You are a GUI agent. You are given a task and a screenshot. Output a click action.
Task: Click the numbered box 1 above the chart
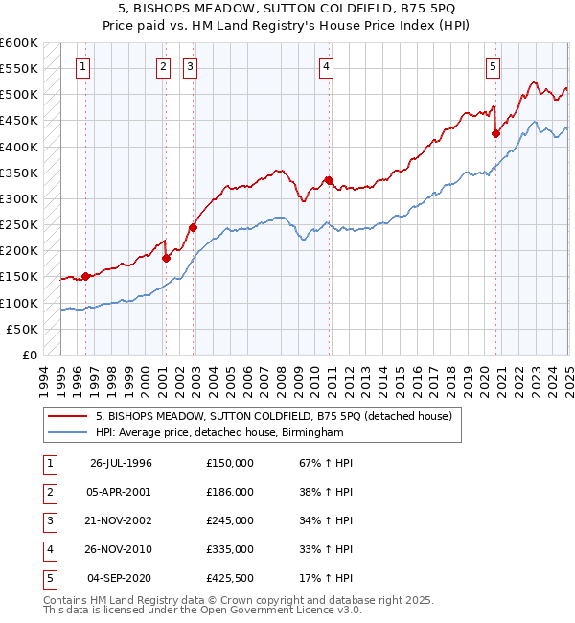coord(84,66)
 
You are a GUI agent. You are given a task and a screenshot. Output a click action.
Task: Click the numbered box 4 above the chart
coord(327,66)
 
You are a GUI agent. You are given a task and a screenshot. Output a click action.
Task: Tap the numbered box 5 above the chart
coord(493,66)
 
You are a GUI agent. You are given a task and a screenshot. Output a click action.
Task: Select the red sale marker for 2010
coord(328,180)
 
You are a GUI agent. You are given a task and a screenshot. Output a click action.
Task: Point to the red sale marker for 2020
coord(495,133)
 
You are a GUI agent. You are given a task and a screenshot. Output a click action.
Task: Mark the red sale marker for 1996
coord(85,276)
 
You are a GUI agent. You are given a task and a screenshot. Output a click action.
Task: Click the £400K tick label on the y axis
coord(19,147)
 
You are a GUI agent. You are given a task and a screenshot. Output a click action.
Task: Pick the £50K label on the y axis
coord(23,329)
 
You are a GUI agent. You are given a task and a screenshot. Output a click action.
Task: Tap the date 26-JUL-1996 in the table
coord(121,463)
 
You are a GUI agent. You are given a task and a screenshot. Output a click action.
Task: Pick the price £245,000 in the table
coord(229,520)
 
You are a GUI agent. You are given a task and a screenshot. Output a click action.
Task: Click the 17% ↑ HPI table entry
coord(327,578)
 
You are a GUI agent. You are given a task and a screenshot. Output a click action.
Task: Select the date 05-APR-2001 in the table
coord(121,492)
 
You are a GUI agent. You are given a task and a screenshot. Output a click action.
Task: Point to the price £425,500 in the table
coord(229,578)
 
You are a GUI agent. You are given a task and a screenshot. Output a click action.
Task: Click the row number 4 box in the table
coord(48,549)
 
